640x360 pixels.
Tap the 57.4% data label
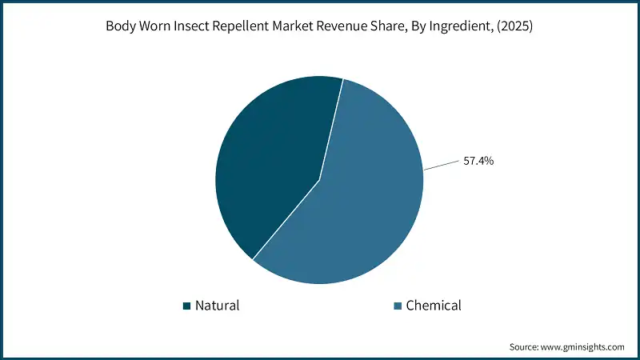pos(478,161)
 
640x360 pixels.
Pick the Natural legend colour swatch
pos(186,306)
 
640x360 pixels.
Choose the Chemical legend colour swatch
pos(398,306)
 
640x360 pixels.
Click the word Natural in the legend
pos(217,306)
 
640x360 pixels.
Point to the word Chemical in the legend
pos(434,306)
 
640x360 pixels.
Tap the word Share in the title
pos(385,26)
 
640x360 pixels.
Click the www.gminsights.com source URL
pos(583,347)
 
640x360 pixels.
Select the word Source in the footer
pos(525,347)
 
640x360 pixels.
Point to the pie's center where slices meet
pos(320,180)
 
